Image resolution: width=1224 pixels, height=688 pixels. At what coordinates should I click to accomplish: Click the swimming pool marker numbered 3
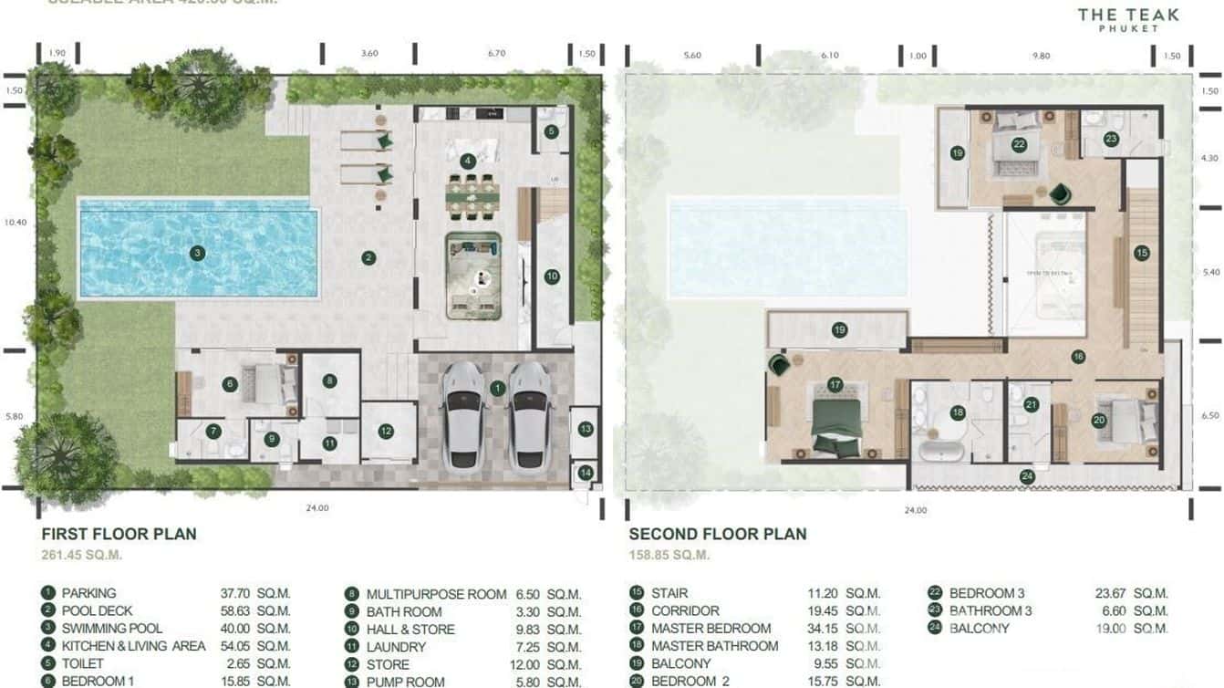pos(196,253)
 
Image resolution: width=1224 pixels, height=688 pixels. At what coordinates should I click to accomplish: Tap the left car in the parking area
pos(463,415)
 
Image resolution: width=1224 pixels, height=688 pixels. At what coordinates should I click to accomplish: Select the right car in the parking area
pos(530,415)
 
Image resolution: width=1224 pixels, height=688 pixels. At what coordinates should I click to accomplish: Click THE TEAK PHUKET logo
pos(1127,19)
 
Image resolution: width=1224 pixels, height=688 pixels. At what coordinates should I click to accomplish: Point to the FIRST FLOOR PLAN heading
pos(119,534)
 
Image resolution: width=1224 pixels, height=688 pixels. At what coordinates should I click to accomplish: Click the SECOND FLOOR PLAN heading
pos(718,534)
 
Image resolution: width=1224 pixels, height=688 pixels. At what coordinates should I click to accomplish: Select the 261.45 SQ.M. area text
pos(82,555)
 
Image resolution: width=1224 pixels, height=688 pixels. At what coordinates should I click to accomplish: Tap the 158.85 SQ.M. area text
pos(669,555)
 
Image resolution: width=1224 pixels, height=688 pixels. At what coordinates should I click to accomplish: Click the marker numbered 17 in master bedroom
pos(834,385)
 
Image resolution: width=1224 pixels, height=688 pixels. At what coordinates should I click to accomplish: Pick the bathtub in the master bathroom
pos(939,450)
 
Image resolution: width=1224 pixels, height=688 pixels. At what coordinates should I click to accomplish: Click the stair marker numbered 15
pos(1141,254)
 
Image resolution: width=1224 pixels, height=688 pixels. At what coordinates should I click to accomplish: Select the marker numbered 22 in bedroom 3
pos(1019,144)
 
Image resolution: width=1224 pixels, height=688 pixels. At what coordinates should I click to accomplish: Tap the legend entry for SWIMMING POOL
pos(111,629)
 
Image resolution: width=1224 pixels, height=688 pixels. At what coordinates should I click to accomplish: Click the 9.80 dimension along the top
pos(1041,56)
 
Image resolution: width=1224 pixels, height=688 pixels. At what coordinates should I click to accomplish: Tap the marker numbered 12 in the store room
pos(386,432)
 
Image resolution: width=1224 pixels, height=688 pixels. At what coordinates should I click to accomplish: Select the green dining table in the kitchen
pos(472,197)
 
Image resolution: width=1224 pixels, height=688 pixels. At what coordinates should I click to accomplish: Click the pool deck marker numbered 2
pos(368,258)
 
